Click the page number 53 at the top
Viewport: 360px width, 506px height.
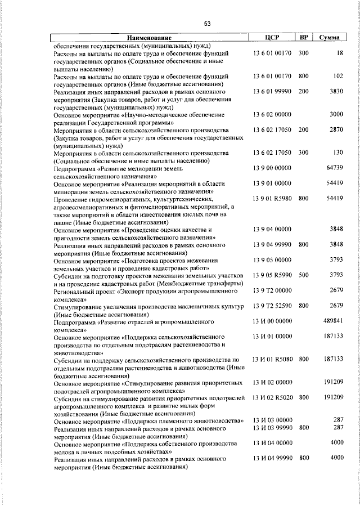208,23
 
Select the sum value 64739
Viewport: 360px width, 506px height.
335,167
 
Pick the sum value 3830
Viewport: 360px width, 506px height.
336,91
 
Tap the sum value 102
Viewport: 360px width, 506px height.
338,75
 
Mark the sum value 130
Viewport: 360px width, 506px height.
338,153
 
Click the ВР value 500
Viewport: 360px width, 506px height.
304,275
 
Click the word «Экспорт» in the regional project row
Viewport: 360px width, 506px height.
137,292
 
